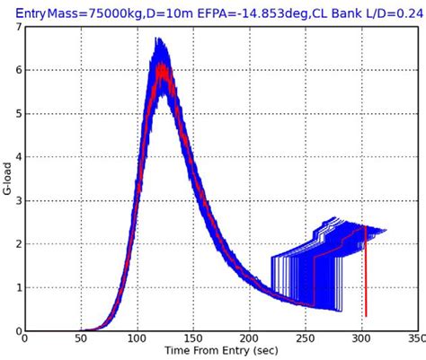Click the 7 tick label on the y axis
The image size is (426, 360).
(17, 27)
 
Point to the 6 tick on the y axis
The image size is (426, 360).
(17, 71)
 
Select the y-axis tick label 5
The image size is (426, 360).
(17, 114)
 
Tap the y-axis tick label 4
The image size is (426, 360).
(17, 157)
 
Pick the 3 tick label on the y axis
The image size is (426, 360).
(17, 201)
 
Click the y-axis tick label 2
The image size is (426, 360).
(17, 244)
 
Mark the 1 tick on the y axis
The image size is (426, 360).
(17, 287)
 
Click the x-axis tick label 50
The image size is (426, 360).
(80, 341)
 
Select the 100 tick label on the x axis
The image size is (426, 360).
(136, 341)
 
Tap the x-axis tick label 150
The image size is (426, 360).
(192, 341)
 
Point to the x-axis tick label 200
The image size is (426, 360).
(248, 341)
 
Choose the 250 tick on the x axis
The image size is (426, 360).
(305, 341)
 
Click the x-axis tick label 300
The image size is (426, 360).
(360, 341)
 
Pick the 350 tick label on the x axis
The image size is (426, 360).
(414, 341)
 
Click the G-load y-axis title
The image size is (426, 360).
(7, 179)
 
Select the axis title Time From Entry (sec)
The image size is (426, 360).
(220, 353)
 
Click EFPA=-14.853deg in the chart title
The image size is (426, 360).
(235, 11)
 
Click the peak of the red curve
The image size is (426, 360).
(161, 65)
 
